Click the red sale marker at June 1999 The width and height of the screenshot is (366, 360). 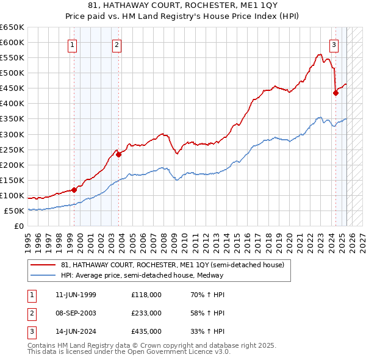[74, 190]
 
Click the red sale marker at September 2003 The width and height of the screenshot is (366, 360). [119, 154]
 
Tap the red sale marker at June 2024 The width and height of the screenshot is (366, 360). [335, 93]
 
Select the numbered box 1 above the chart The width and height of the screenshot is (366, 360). [73, 44]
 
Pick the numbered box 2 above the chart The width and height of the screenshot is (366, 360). [117, 44]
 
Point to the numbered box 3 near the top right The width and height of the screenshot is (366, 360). [334, 44]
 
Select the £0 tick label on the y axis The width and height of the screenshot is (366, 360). [19, 226]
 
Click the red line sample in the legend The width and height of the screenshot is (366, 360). [45, 265]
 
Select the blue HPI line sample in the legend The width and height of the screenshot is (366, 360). [45, 275]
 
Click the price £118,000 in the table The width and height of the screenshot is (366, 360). [146, 295]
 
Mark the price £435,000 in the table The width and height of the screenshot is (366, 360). [146, 333]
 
